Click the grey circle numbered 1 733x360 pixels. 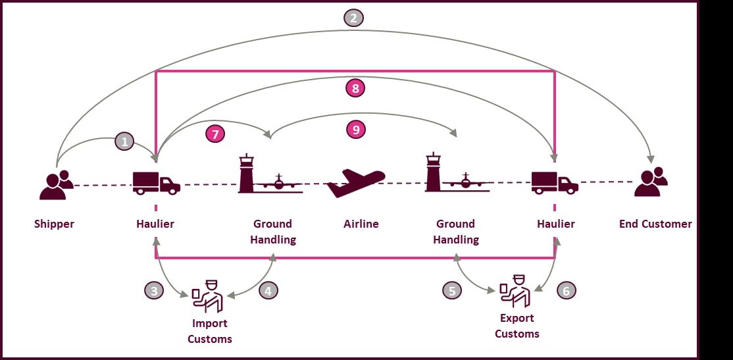pyautogui.click(x=124, y=141)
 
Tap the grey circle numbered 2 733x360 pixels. pyautogui.click(x=353, y=18)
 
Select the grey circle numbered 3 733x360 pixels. pyautogui.click(x=154, y=290)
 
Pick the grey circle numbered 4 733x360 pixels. pyautogui.click(x=268, y=290)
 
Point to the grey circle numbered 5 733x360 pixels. pyautogui.click(x=452, y=290)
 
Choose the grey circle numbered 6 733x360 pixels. pyautogui.click(x=566, y=290)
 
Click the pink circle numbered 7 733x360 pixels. pyautogui.click(x=215, y=134)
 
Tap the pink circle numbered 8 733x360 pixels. pyautogui.click(x=355, y=88)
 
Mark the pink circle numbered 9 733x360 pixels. pyautogui.click(x=356, y=129)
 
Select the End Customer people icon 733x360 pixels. pyautogui.click(x=651, y=182)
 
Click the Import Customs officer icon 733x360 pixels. pyautogui.click(x=207, y=296)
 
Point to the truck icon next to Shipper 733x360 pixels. pyautogui.click(x=157, y=183)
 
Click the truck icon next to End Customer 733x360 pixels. pyautogui.click(x=555, y=183)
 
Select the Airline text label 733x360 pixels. pyautogui.click(x=361, y=224)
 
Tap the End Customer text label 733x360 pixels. pyautogui.click(x=655, y=224)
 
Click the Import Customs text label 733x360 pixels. pyautogui.click(x=209, y=331)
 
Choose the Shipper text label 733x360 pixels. pyautogui.click(x=54, y=224)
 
